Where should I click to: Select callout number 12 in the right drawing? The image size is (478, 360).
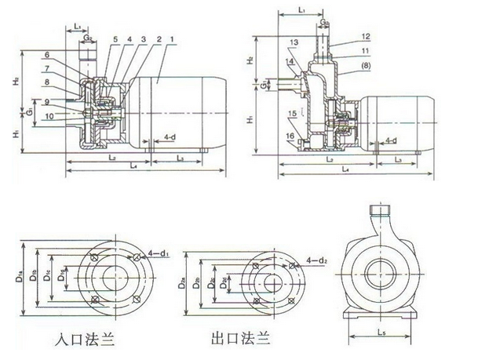pos(365,36)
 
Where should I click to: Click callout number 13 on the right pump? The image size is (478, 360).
pos(294,42)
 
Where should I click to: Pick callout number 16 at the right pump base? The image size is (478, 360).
pos(291,136)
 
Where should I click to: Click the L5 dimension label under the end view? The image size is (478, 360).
pos(381,336)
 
